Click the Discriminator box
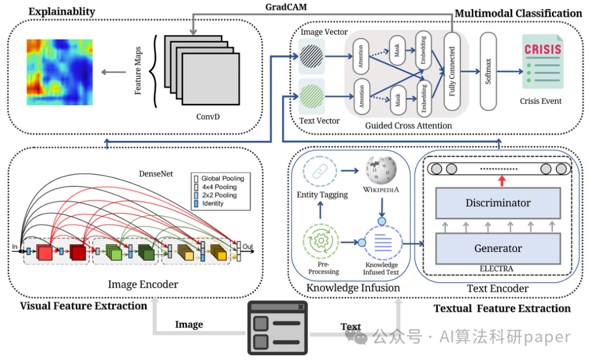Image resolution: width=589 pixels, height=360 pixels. point(498,203)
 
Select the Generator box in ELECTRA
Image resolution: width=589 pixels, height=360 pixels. point(498,248)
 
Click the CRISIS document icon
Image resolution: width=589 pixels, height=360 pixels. point(542,62)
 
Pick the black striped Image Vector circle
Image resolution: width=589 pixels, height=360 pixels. point(312,56)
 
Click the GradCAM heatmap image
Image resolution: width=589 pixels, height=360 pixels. point(60,73)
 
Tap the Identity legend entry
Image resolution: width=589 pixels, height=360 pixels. point(214,203)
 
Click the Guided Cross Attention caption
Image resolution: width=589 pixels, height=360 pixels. point(409,125)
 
